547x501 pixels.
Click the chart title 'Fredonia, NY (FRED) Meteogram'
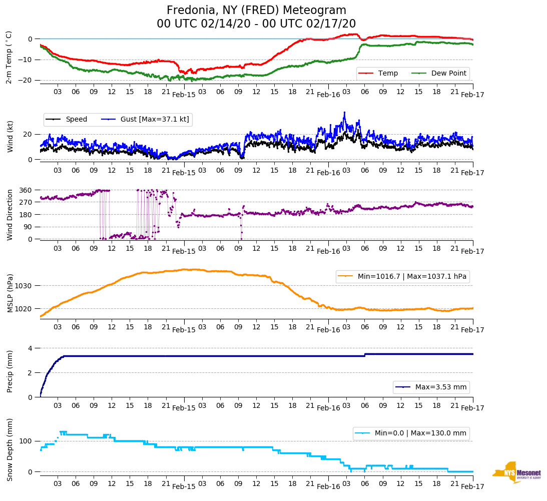coord(256,11)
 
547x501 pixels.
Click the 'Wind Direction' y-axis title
coord(10,215)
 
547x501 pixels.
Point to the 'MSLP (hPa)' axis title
coord(10,294)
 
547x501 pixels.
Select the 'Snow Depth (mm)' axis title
coord(10,449)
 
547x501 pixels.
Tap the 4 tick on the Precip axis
coord(30,348)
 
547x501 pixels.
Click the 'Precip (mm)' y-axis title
coord(10,373)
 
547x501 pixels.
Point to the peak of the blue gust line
coord(344,113)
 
